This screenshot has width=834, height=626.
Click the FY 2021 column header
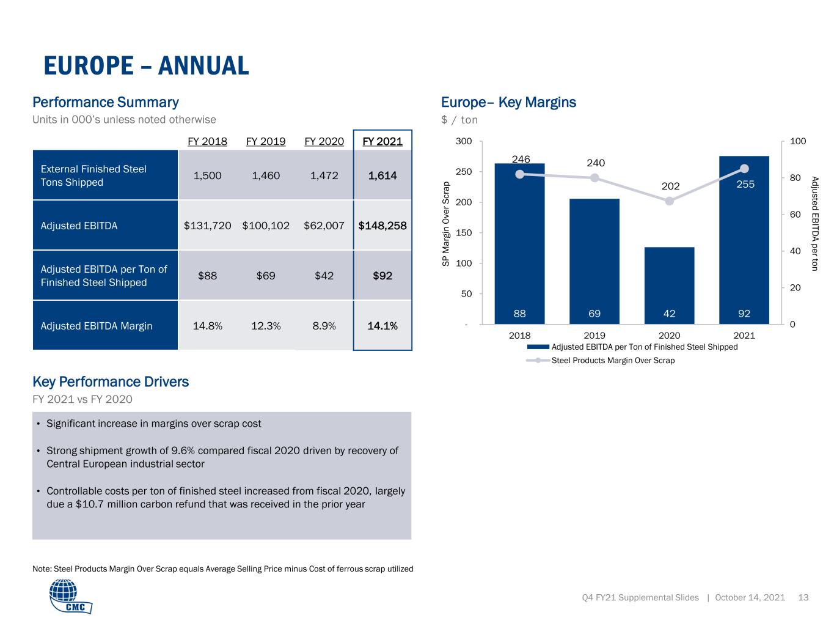[382, 141]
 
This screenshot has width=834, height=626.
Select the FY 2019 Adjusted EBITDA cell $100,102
[266, 226]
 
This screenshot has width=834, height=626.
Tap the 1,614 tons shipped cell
[382, 175]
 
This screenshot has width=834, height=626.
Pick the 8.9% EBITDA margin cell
[324, 326]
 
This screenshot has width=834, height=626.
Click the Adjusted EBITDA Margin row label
[97, 326]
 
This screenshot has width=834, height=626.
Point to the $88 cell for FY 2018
[207, 276]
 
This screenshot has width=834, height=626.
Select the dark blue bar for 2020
[669, 285]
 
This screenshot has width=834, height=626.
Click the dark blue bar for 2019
[594, 262]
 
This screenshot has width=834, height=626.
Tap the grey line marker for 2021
[744, 168]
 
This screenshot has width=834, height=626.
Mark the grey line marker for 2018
[519, 174]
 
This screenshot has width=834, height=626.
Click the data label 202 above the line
[670, 186]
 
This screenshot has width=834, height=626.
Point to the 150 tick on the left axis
[464, 233]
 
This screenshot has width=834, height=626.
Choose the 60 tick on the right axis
[795, 215]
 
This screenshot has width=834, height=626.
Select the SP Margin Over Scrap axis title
[445, 224]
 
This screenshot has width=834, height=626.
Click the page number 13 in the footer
[803, 597]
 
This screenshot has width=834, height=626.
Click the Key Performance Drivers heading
[111, 381]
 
